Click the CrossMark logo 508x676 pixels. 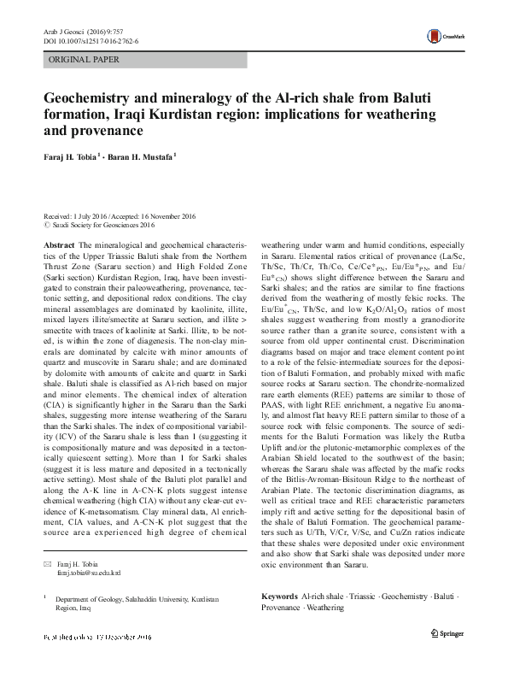[447, 38]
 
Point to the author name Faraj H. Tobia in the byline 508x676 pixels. [71, 158]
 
